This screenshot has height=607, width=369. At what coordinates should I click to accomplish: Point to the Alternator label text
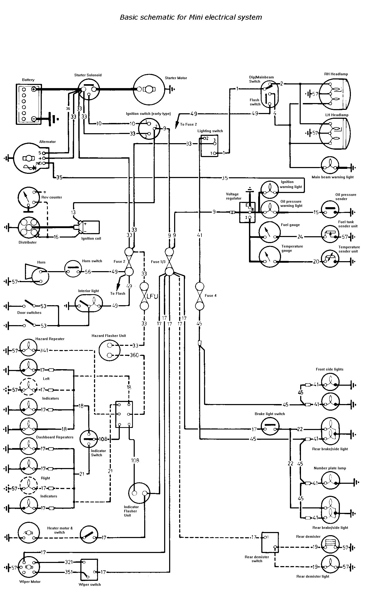[x=48, y=142]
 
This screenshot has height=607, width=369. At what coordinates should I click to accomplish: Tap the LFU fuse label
[x=152, y=296]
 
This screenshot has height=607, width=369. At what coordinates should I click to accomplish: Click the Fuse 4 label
[x=211, y=296]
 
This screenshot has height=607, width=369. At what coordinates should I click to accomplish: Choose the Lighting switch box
[x=209, y=146]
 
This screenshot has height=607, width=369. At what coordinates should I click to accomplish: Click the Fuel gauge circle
[x=269, y=232]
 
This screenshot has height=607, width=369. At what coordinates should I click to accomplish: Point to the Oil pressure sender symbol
[x=330, y=210]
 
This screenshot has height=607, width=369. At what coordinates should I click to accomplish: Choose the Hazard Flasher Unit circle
[x=109, y=350]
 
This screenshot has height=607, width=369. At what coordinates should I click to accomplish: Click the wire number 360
[x=134, y=355]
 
